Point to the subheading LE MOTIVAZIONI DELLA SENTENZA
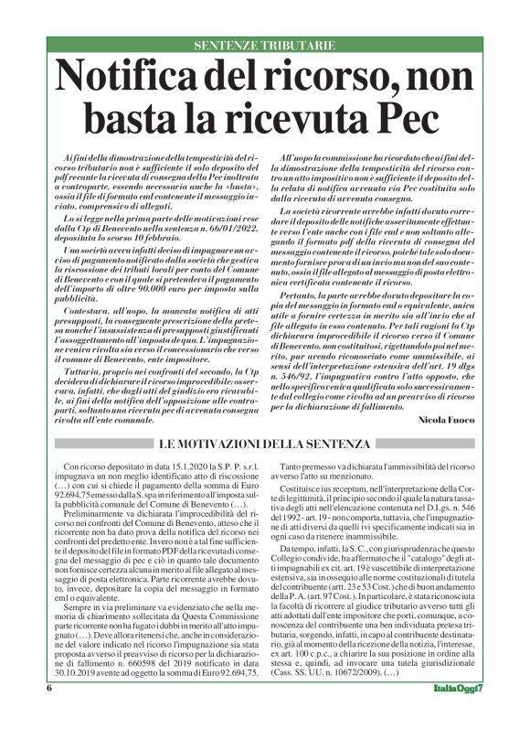click(x=265, y=445)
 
